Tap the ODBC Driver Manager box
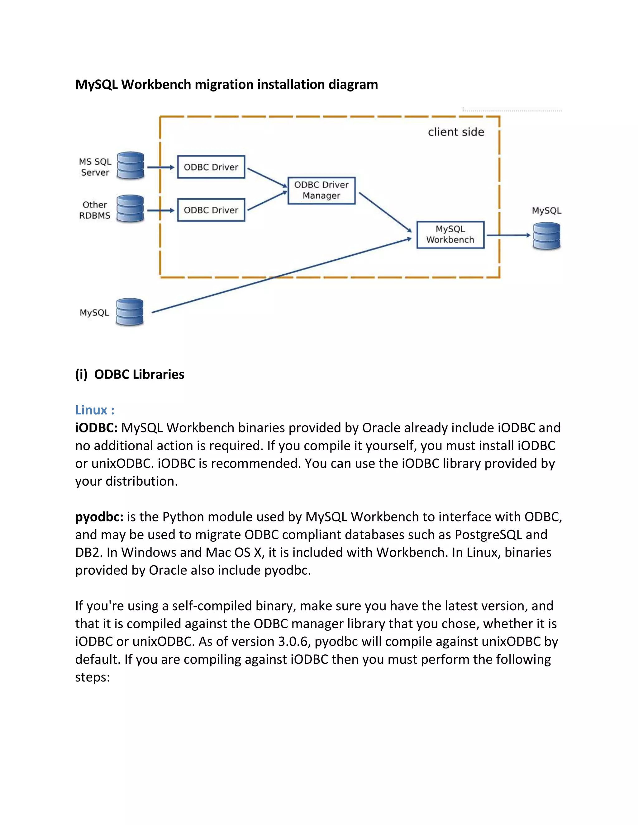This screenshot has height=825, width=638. (x=321, y=191)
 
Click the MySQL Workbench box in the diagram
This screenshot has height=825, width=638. (x=450, y=235)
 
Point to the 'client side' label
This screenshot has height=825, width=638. (x=456, y=132)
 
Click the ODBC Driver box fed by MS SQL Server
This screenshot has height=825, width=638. (x=211, y=167)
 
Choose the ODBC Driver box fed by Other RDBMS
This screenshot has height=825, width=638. (x=211, y=210)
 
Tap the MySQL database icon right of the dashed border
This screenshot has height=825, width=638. (x=546, y=236)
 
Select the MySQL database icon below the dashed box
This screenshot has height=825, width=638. (x=130, y=312)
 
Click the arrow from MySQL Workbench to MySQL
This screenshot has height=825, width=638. (x=508, y=235)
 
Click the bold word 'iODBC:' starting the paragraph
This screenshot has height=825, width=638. (x=96, y=428)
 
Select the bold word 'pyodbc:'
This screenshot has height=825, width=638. (x=99, y=517)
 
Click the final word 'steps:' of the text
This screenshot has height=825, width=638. (x=92, y=677)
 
